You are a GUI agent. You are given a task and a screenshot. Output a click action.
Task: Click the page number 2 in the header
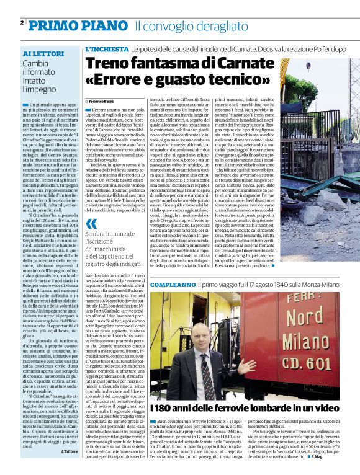point(22,22)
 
